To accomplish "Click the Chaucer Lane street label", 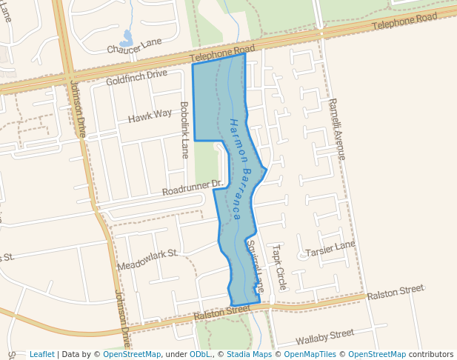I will pyautogui.click(x=134, y=46).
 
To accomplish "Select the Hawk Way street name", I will pyautogui.click(x=150, y=116).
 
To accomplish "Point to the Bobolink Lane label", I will pyautogui.click(x=184, y=130).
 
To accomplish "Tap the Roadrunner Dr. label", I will pyautogui.click(x=193, y=188).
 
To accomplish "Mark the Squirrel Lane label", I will pyautogui.click(x=255, y=264).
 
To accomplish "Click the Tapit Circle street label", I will pyautogui.click(x=278, y=267).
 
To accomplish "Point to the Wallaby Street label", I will pyautogui.click(x=324, y=338).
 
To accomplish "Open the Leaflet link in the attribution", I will pyautogui.click(x=41, y=354).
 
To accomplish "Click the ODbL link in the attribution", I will pyautogui.click(x=200, y=354).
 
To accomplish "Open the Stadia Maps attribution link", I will pyautogui.click(x=249, y=354).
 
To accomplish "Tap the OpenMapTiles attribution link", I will pyautogui.click(x=311, y=354).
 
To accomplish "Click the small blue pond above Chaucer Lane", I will pyautogui.click(x=127, y=36).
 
